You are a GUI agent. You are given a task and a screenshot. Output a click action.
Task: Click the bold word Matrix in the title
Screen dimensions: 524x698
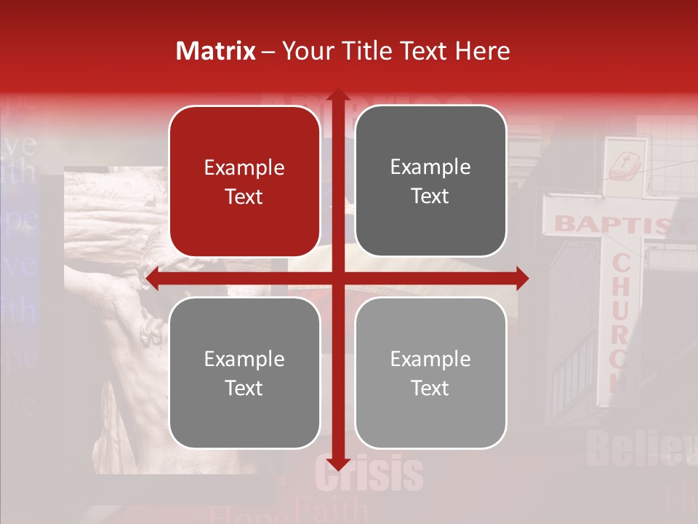tap(216, 51)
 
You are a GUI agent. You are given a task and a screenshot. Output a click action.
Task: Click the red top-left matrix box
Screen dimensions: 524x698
tap(244, 181)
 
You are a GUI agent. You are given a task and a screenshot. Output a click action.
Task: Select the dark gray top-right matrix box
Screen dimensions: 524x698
tap(430, 181)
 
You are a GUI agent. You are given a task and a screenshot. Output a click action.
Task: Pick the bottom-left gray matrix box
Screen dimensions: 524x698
tap(244, 373)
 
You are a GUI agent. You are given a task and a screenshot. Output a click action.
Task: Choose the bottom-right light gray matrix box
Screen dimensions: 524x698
tap(430, 373)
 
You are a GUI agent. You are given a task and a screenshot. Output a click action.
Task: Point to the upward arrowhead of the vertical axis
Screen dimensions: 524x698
tap(337, 96)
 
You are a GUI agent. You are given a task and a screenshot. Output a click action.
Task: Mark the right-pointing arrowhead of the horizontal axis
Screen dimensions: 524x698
tap(521, 278)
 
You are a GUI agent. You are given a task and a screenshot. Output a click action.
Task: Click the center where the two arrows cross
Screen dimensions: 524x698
tap(337, 278)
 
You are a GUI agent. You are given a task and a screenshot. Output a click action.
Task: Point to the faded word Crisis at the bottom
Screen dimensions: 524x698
tap(369, 474)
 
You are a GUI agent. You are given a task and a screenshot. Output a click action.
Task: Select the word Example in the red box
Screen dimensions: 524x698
tap(244, 168)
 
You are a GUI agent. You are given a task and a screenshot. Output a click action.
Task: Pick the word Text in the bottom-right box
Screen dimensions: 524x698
tap(430, 389)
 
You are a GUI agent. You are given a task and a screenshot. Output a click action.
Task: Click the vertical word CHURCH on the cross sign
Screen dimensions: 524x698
tap(620, 320)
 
